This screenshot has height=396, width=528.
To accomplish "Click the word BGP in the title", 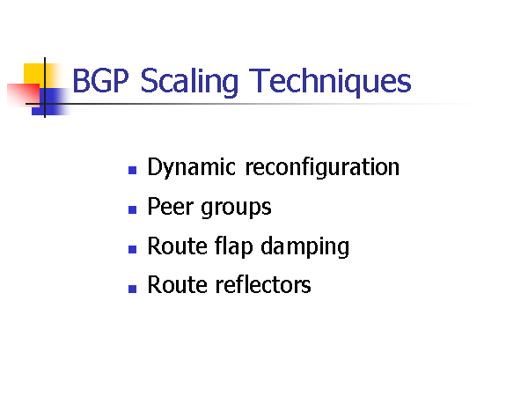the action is pyautogui.click(x=100, y=80).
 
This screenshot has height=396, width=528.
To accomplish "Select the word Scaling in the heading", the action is pyautogui.click(x=189, y=83).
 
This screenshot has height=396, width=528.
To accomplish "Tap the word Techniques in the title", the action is pyautogui.click(x=330, y=83).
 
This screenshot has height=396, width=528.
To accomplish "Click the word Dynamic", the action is pyautogui.click(x=191, y=167).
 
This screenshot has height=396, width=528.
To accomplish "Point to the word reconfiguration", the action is pyautogui.click(x=322, y=167).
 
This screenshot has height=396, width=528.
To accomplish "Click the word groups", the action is pyautogui.click(x=236, y=209).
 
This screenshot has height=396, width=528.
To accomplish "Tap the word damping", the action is pyautogui.click(x=305, y=246).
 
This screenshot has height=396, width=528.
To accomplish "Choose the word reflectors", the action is pyautogui.click(x=262, y=284).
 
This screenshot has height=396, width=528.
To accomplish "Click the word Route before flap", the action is pyautogui.click(x=177, y=246).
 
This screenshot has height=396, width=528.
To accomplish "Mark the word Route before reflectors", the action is pyautogui.click(x=177, y=285).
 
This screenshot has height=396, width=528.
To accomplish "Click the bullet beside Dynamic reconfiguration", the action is pyautogui.click(x=132, y=170).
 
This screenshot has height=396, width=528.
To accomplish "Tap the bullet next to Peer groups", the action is pyautogui.click(x=132, y=209).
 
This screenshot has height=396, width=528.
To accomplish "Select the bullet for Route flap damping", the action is pyautogui.click(x=132, y=249).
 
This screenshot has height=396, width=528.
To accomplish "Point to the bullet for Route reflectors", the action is pyautogui.click(x=132, y=289).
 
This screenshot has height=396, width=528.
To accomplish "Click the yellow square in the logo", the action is pyautogui.click(x=33, y=73).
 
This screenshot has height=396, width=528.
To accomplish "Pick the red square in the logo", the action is pyautogui.click(x=23, y=95).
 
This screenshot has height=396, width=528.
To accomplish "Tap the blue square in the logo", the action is pyautogui.click(x=50, y=101).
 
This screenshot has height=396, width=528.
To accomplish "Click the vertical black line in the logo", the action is pyautogui.click(x=45, y=87).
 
